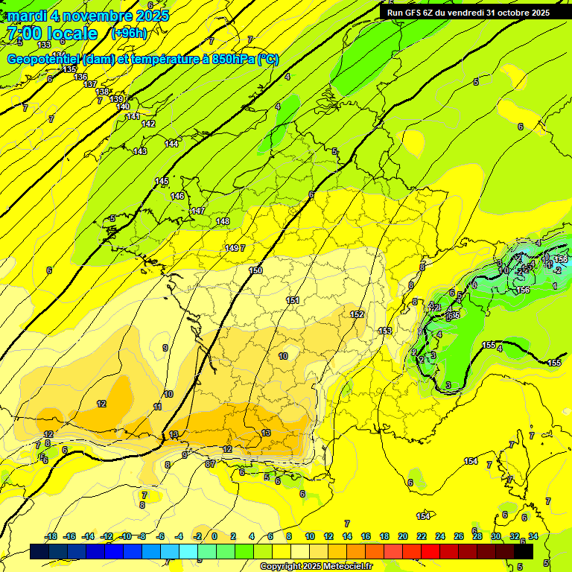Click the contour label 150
point(255,270)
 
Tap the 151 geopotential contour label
point(293,300)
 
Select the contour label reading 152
point(357,314)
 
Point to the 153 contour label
point(385,331)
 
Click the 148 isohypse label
point(223,221)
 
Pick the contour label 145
point(162,181)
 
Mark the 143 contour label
point(140,151)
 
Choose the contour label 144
point(171,143)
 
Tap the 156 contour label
point(524,290)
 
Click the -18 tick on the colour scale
point(51,536)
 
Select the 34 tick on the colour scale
point(533,536)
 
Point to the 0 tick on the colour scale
point(214,536)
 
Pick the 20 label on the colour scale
point(403,536)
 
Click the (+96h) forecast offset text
point(129,33)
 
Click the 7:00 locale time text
point(52,34)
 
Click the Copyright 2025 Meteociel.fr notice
point(316,566)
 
